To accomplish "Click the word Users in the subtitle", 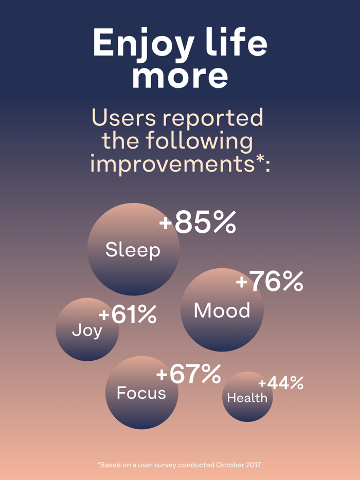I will point(123,118).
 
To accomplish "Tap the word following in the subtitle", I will point(200,142).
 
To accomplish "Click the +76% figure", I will point(269,282).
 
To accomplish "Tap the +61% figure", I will point(128,315).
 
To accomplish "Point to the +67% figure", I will point(189,374).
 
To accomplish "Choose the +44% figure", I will point(281,383).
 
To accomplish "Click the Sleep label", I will point(133,250).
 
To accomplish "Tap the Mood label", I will point(222,310).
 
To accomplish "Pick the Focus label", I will point(141,393).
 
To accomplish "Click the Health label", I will point(247,398).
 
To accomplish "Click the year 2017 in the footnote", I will point(253,465).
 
